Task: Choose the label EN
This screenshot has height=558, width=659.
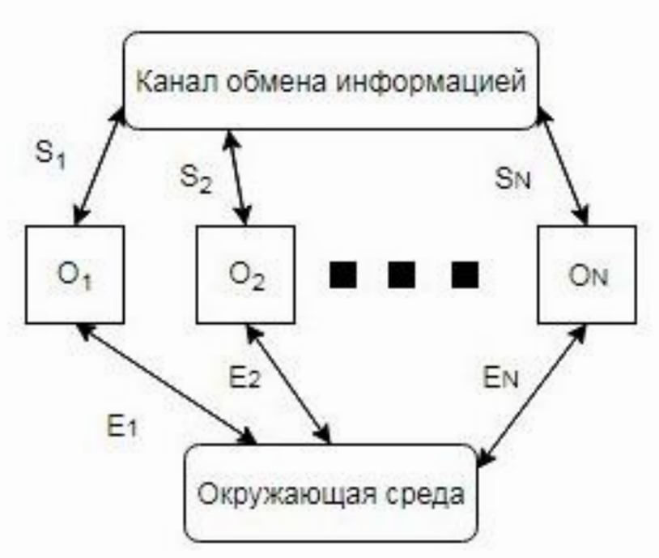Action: pyautogui.click(x=500, y=373)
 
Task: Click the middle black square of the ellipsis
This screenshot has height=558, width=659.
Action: pyautogui.click(x=402, y=275)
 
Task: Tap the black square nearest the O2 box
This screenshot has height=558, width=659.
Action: pyautogui.click(x=343, y=275)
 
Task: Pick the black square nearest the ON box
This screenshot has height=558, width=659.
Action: pyautogui.click(x=464, y=275)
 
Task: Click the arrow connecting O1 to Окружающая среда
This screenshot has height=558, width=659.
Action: pyautogui.click(x=166, y=383)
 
